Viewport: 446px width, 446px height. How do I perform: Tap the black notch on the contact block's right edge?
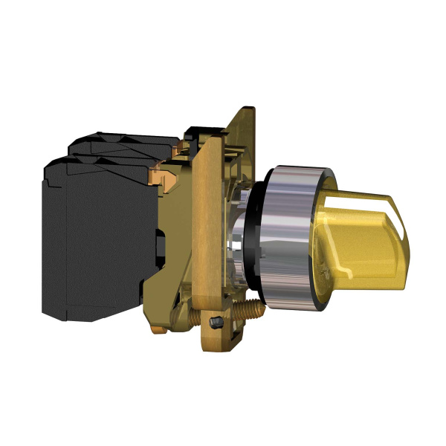click(x=160, y=245)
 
